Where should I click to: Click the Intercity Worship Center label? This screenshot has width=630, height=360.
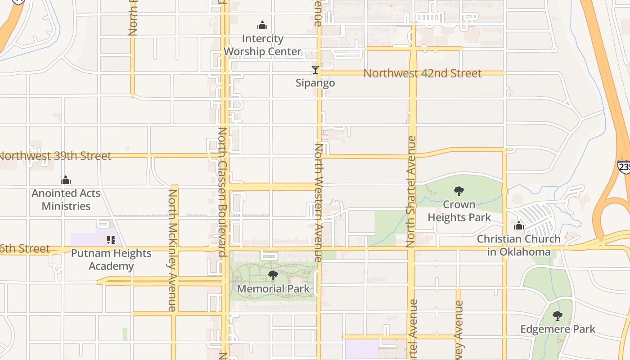click(x=262, y=45)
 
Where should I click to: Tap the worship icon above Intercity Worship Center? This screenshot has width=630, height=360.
click(x=262, y=25)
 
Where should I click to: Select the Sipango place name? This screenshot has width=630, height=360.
click(x=315, y=83)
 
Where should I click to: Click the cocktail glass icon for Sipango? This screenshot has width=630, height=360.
click(x=315, y=70)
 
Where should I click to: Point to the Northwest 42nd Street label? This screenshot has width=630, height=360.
click(x=422, y=73)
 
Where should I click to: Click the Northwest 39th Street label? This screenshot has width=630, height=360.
click(x=55, y=156)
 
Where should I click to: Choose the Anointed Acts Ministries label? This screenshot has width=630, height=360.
click(x=66, y=200)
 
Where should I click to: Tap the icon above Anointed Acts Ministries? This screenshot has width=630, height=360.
click(x=66, y=180)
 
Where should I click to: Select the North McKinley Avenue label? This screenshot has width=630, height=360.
click(x=172, y=250)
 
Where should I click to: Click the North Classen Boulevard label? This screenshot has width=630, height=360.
click(x=222, y=192)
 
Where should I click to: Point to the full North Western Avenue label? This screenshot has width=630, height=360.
click(x=318, y=202)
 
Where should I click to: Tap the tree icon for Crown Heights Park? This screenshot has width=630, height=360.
click(x=459, y=191)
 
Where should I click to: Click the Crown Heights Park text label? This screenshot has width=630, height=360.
click(x=459, y=211)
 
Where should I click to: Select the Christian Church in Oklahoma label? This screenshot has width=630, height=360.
click(x=519, y=245)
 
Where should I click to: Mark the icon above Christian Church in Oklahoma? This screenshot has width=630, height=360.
click(x=519, y=225)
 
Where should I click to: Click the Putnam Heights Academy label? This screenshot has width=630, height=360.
click(x=111, y=260)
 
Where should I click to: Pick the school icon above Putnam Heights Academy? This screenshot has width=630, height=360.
click(x=111, y=239)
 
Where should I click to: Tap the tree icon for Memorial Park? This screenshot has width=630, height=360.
click(x=273, y=275)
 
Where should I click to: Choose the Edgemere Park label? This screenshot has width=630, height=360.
click(x=558, y=329)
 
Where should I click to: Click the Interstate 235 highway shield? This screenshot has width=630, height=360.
click(x=624, y=167)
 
